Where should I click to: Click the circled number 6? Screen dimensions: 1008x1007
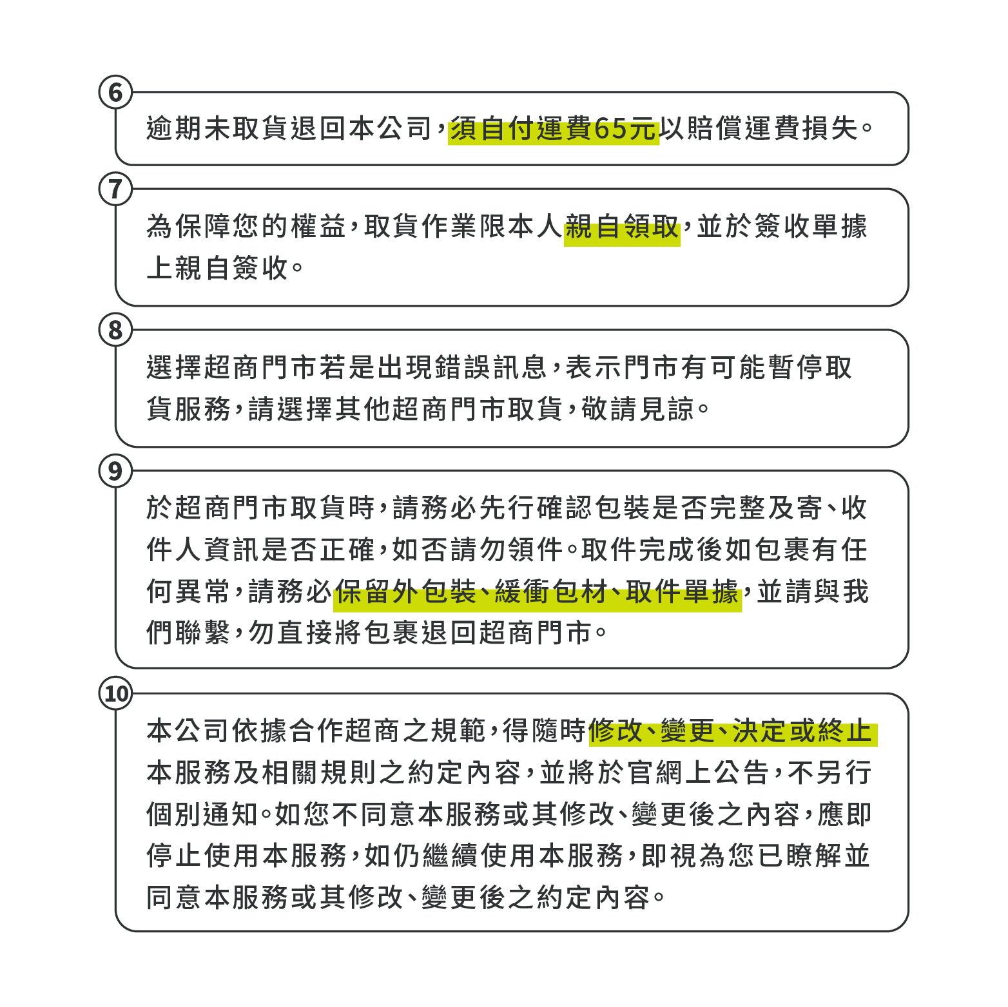pyautogui.click(x=115, y=93)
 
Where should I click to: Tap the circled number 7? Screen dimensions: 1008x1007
pyautogui.click(x=115, y=189)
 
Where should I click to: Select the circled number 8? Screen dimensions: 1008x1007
pyautogui.click(x=115, y=331)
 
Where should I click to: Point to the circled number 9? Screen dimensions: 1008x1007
pyautogui.click(x=115, y=472)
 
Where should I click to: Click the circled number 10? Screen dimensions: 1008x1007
pyautogui.click(x=116, y=694)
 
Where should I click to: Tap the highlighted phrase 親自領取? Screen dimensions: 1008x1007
pyautogui.click(x=622, y=227)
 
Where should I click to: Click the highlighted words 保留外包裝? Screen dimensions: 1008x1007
pyautogui.click(x=405, y=592)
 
